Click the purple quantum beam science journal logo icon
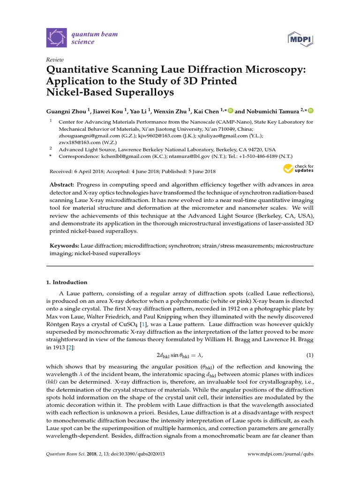click(57, 38)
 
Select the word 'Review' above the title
click(54, 60)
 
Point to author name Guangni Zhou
click(66, 111)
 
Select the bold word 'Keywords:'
click(64, 246)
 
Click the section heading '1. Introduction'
click(66, 282)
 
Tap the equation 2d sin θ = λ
click(180, 354)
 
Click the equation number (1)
click(310, 354)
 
